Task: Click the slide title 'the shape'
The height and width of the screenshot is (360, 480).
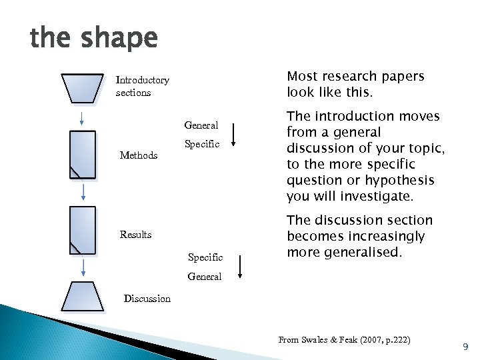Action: pyautogui.click(x=93, y=39)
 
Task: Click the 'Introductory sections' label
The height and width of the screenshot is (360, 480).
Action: pyautogui.click(x=142, y=86)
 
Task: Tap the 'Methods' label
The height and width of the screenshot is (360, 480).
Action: pyautogui.click(x=139, y=155)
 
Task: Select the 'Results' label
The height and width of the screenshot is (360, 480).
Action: pyautogui.click(x=135, y=235)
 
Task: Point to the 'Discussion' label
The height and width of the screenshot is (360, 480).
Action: pyautogui.click(x=147, y=299)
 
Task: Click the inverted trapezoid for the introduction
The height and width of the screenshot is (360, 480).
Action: pyautogui.click(x=83, y=87)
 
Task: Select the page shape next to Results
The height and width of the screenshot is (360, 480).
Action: pyautogui.click(x=83, y=231)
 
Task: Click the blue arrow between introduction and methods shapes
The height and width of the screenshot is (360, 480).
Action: pyautogui.click(x=82, y=118)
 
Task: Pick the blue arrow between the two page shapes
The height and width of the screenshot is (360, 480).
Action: pyautogui.click(x=83, y=192)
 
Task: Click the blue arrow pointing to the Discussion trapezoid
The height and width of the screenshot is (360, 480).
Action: pyautogui.click(x=83, y=268)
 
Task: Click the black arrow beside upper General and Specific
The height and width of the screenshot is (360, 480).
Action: pyautogui.click(x=234, y=133)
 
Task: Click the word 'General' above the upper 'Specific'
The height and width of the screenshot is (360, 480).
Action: pyautogui.click(x=201, y=125)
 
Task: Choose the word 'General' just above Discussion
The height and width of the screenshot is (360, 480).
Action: pyautogui.click(x=204, y=277)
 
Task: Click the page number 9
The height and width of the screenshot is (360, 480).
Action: pyautogui.click(x=465, y=347)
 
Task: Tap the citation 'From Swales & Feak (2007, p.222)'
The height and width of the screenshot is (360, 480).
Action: pyautogui.click(x=344, y=340)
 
